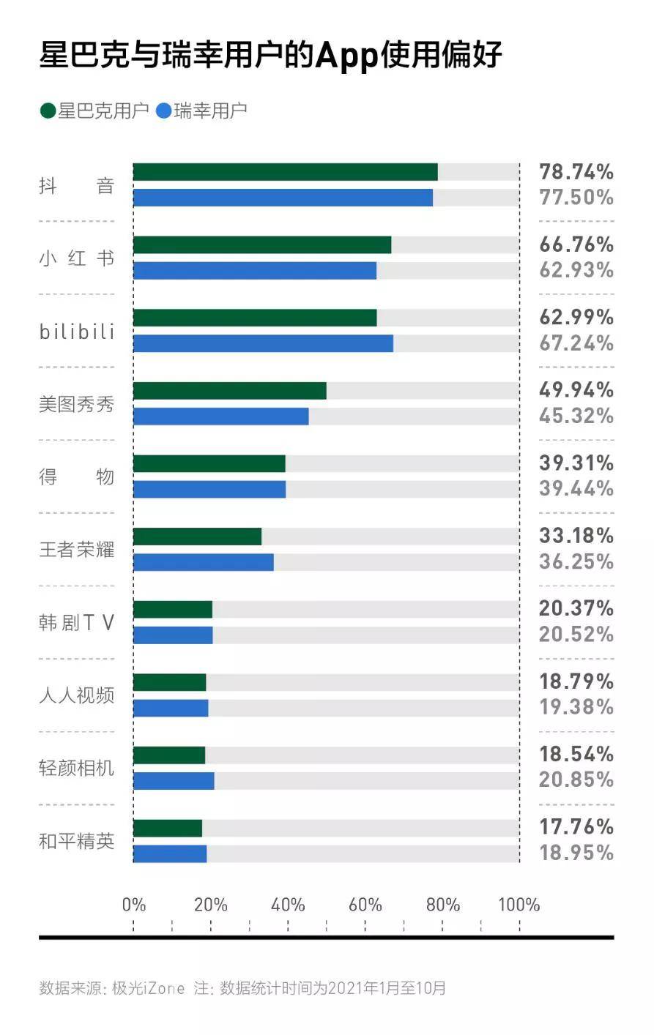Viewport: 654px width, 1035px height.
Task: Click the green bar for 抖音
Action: tap(285, 172)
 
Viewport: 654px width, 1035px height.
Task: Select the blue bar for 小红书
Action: tap(254, 271)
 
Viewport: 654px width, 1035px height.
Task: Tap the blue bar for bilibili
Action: tap(263, 343)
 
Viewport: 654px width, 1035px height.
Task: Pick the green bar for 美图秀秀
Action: tap(229, 391)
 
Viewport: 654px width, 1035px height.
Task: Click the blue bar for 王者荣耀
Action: tap(203, 562)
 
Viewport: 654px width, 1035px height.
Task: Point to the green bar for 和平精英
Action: tap(167, 829)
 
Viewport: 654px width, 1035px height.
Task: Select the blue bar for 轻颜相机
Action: tap(174, 781)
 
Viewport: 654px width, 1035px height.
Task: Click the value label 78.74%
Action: tap(576, 172)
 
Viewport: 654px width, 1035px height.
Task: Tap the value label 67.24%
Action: tap(576, 343)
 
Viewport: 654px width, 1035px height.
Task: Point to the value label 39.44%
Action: tap(576, 488)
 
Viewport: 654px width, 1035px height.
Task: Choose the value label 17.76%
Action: tap(576, 827)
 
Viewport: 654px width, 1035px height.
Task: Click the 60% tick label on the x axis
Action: tap(365, 905)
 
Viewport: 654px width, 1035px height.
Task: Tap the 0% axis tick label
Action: tap(134, 905)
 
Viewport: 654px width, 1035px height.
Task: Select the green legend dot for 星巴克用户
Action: tap(48, 111)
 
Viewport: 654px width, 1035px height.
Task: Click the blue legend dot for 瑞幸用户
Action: tap(163, 111)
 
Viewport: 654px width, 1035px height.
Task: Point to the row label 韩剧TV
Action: tap(76, 623)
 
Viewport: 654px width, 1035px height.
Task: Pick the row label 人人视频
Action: tap(76, 695)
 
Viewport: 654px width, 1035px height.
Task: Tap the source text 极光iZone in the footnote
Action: tap(148, 988)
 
